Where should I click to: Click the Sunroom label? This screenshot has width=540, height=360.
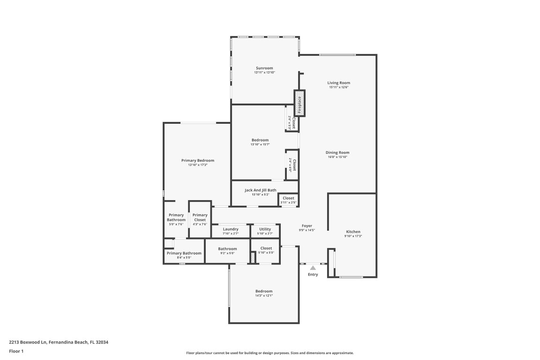pyautogui.click(x=264, y=68)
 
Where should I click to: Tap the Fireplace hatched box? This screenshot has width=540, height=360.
pyautogui.click(x=300, y=103)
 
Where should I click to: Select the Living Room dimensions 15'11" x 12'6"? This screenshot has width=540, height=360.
pyautogui.click(x=338, y=87)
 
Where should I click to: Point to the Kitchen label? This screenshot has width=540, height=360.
pyautogui.click(x=353, y=232)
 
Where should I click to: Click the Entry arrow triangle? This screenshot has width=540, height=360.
pyautogui.click(x=313, y=268)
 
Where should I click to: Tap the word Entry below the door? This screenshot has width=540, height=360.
pyautogui.click(x=313, y=275)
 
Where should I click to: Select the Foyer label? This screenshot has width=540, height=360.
pyautogui.click(x=307, y=226)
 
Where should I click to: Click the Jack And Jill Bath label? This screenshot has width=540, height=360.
pyautogui.click(x=260, y=190)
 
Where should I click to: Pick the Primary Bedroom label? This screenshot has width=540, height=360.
pyautogui.click(x=197, y=160)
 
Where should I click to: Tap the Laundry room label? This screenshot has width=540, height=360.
pyautogui.click(x=231, y=229)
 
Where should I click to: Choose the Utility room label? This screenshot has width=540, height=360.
pyautogui.click(x=265, y=229)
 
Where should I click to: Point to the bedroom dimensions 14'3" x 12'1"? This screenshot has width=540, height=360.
pyautogui.click(x=264, y=296)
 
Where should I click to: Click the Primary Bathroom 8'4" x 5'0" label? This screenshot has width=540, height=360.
pyautogui.click(x=184, y=253)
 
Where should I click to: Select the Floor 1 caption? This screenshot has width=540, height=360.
pyautogui.click(x=16, y=351)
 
